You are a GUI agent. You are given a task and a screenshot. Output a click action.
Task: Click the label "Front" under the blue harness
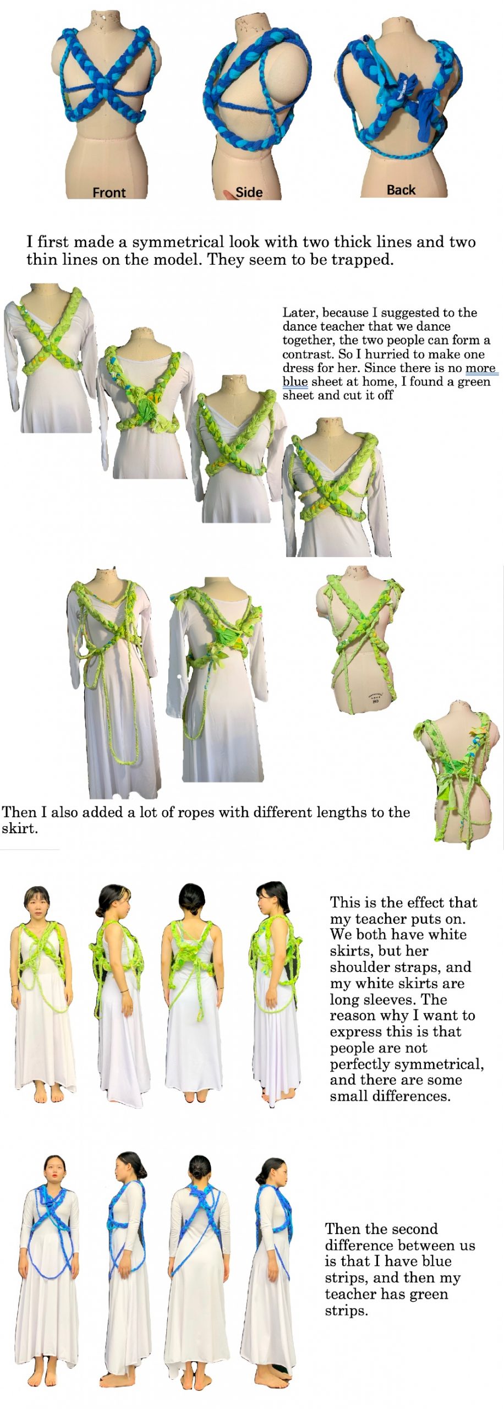tap(109, 193)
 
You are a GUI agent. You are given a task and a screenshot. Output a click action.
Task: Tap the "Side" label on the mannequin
tap(249, 192)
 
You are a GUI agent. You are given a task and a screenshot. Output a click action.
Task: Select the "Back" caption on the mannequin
tap(401, 190)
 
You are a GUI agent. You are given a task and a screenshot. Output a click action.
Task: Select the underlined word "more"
tap(481, 368)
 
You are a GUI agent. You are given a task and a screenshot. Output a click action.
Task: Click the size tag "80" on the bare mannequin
tap(376, 701)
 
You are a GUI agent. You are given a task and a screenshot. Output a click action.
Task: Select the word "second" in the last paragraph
tap(413, 1228)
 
